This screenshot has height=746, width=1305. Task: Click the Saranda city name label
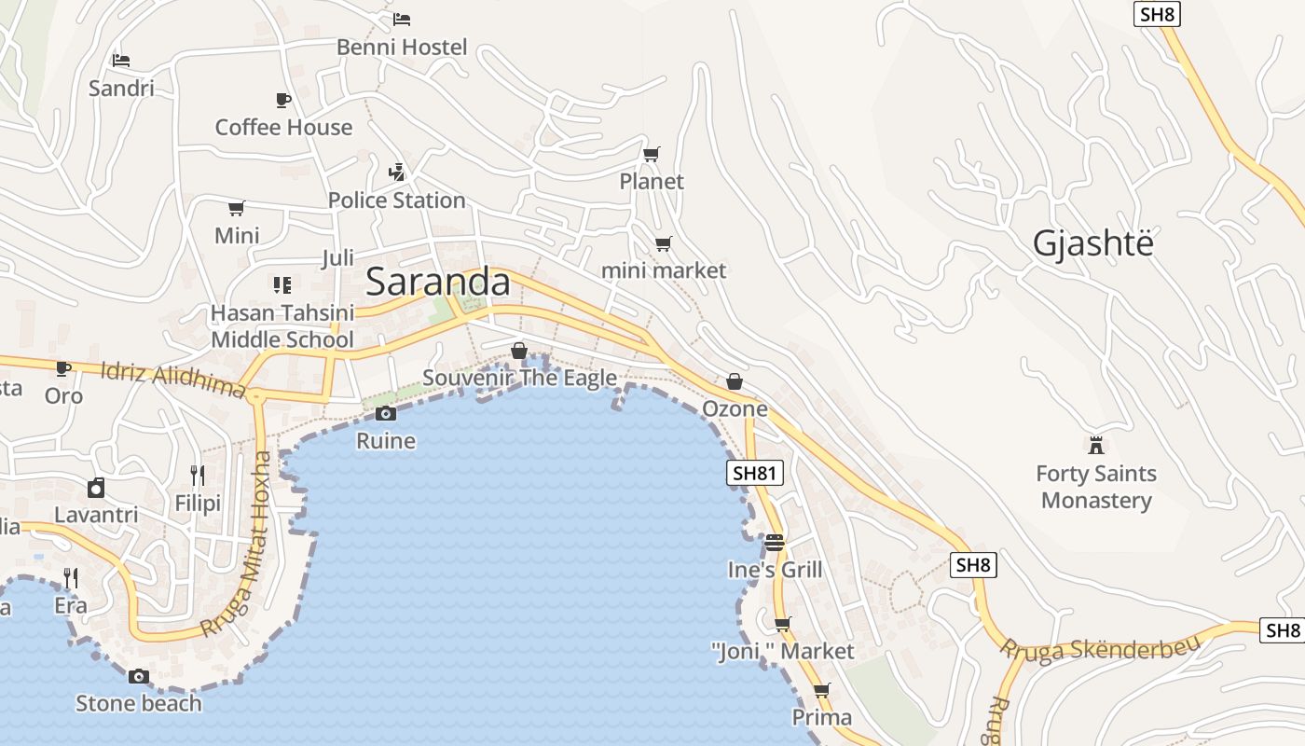(x=438, y=283)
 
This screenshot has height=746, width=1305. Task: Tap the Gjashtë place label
(x=1092, y=243)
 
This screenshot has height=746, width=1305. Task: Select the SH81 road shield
(x=754, y=473)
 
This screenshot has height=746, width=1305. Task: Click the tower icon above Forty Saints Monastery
(x=1096, y=445)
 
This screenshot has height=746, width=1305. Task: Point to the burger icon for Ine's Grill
(x=775, y=542)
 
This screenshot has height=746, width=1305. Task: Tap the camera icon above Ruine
(x=386, y=413)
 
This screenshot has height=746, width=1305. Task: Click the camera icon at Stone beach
(x=139, y=676)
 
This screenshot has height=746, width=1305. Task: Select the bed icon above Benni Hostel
(x=402, y=19)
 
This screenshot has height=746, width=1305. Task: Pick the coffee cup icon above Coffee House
(x=283, y=100)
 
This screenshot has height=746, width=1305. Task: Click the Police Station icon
(x=397, y=173)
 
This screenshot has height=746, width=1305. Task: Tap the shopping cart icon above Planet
(x=652, y=154)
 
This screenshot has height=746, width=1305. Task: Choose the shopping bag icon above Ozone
(x=735, y=381)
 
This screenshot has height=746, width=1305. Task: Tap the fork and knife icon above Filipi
(x=198, y=476)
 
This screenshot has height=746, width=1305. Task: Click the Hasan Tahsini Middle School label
(x=282, y=326)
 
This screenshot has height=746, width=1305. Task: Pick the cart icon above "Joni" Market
(x=782, y=624)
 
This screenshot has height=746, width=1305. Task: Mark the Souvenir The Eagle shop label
(x=519, y=377)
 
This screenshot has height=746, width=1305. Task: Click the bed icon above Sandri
(x=121, y=61)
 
